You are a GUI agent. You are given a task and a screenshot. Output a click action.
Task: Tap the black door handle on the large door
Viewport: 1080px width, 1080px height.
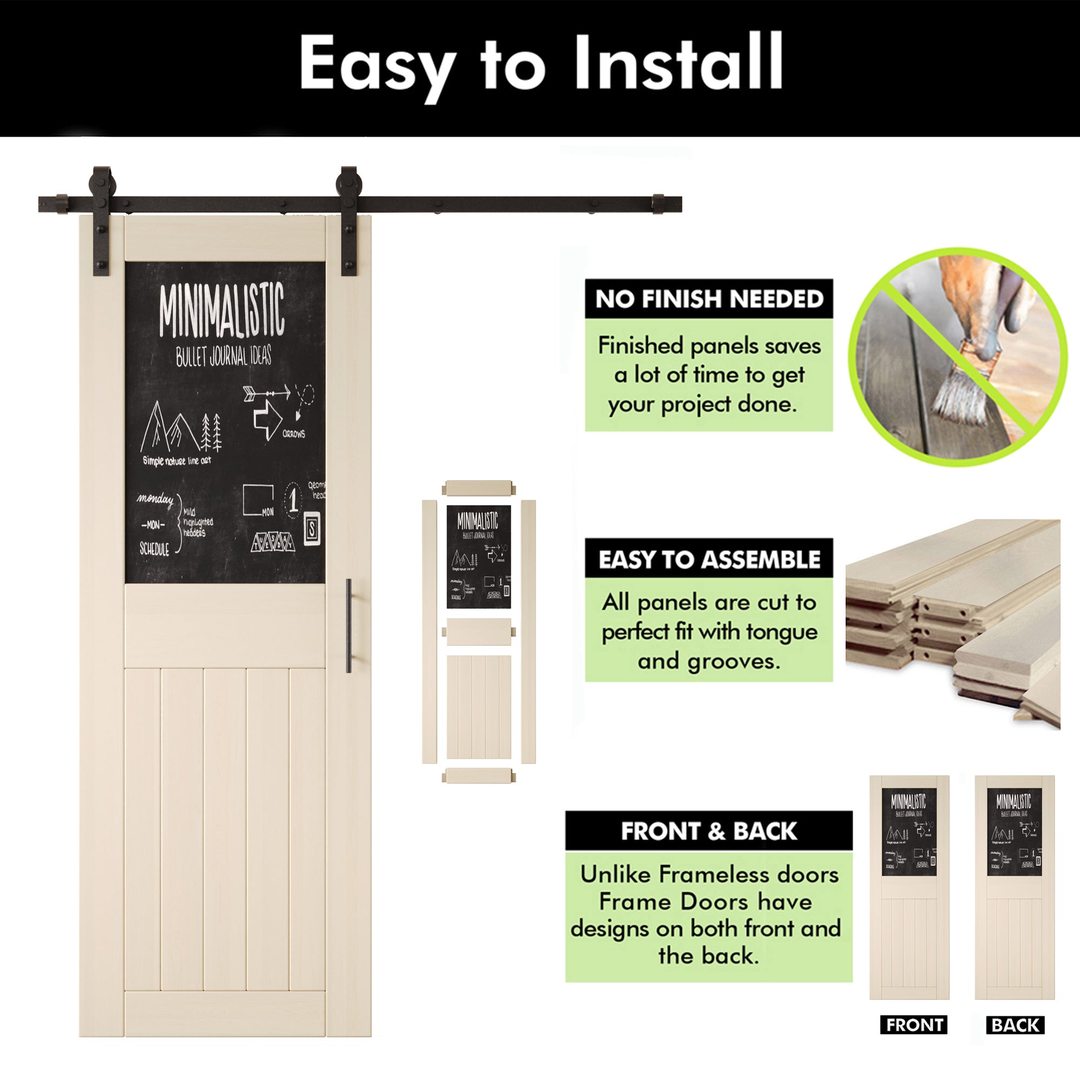click(x=349, y=626)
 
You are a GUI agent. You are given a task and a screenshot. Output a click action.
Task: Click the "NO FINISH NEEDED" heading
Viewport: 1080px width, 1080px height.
click(x=709, y=299)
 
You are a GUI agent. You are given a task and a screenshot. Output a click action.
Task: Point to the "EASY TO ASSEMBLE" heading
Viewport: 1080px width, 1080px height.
click(x=709, y=559)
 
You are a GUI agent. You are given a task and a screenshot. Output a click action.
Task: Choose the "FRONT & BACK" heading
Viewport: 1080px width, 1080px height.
click(x=709, y=831)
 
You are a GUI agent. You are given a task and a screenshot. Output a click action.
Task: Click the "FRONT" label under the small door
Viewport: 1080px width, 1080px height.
click(x=914, y=1025)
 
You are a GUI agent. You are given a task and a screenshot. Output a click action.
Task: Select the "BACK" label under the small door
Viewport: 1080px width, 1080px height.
click(x=1015, y=1025)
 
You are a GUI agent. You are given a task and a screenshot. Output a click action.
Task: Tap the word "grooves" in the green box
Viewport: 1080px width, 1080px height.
click(x=733, y=662)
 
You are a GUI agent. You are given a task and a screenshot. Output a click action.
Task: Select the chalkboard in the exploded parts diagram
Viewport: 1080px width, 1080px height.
click(x=478, y=557)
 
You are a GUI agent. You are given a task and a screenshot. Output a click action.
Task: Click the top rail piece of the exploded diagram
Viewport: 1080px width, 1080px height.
click(x=478, y=488)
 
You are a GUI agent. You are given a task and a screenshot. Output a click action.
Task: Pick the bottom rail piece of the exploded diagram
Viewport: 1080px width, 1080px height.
click(x=478, y=776)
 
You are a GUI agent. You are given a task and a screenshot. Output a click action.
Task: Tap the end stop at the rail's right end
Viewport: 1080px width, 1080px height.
click(x=658, y=204)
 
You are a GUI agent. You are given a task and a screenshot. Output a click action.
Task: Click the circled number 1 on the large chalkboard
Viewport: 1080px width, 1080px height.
click(x=293, y=498)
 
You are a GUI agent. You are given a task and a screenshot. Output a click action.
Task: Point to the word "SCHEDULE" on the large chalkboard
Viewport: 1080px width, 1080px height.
click(x=154, y=549)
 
